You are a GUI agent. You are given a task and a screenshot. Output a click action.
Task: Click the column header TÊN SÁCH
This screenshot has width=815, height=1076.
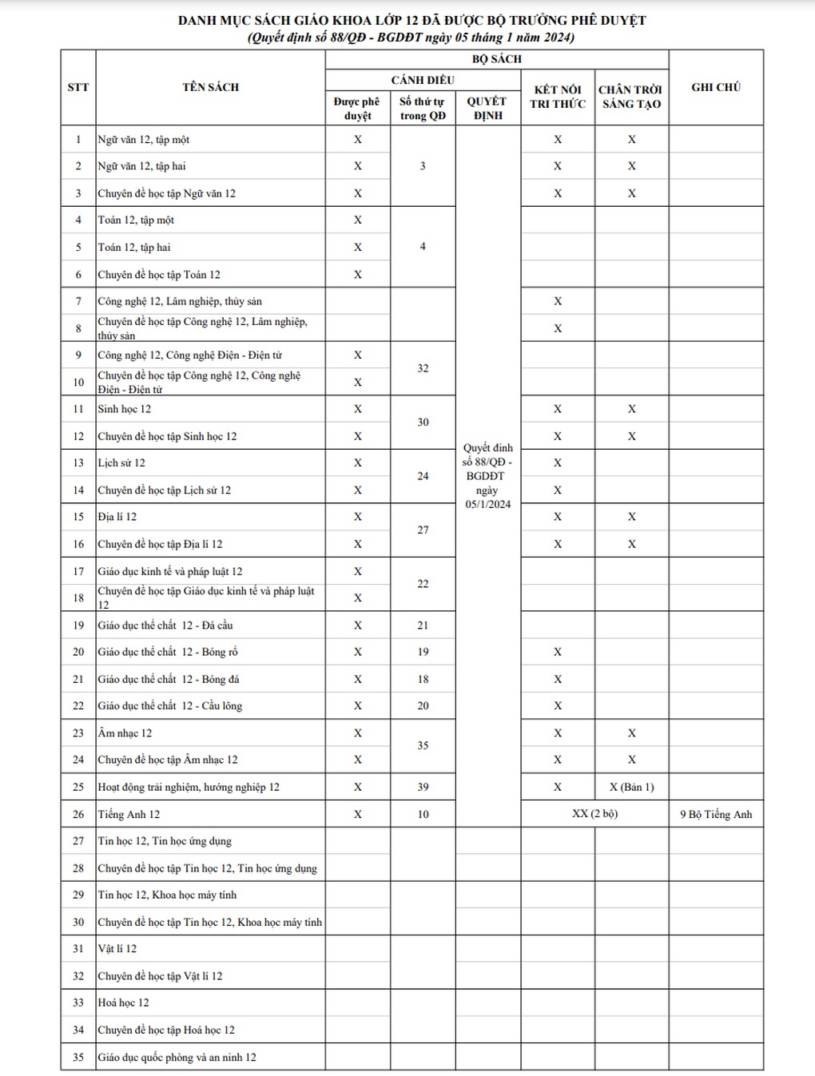pyautogui.click(x=210, y=87)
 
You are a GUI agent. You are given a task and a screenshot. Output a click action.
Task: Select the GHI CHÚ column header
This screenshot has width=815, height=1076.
pyautogui.click(x=716, y=87)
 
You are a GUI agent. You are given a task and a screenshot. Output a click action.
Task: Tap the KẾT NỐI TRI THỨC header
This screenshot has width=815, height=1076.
pyautogui.click(x=558, y=97)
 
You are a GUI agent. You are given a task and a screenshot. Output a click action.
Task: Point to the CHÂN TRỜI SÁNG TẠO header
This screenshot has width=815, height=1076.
pyautogui.click(x=631, y=97)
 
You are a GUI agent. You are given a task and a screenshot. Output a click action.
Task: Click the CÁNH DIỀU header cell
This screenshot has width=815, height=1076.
pyautogui.click(x=423, y=80)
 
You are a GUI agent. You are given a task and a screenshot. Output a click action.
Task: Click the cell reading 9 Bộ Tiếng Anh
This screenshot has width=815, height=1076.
pyautogui.click(x=716, y=814)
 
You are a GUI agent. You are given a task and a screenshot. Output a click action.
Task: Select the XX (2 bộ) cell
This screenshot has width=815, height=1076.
pyautogui.click(x=594, y=814)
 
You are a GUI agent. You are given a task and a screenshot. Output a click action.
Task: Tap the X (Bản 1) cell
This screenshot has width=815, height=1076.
pyautogui.click(x=631, y=787)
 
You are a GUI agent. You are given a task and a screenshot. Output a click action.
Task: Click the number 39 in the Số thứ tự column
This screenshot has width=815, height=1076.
pyautogui.click(x=423, y=787)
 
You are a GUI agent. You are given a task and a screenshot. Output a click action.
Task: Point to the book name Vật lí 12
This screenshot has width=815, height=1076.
pyautogui.click(x=117, y=948)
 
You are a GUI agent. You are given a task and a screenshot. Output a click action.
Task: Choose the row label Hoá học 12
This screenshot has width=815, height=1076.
pyautogui.click(x=123, y=1003)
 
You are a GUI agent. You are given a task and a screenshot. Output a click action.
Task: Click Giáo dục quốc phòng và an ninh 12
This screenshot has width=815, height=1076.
pyautogui.click(x=177, y=1057)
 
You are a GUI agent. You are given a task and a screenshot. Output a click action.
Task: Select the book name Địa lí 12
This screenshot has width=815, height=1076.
pyautogui.click(x=117, y=517)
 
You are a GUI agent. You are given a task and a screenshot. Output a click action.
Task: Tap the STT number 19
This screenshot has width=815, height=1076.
pyautogui.click(x=78, y=625)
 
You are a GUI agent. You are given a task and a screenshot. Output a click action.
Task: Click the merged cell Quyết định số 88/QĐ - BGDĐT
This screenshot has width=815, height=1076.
pyautogui.click(x=487, y=475)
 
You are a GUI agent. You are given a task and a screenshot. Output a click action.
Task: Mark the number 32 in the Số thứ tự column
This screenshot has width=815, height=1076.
pyautogui.click(x=423, y=368)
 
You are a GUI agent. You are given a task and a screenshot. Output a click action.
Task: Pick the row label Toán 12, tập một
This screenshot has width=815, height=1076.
pyautogui.click(x=136, y=220)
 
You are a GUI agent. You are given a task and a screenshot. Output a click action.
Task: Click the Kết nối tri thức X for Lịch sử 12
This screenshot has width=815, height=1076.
pyautogui.click(x=558, y=463)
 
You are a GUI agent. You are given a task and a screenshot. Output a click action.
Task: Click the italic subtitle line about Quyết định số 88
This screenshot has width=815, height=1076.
pyautogui.click(x=411, y=38)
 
